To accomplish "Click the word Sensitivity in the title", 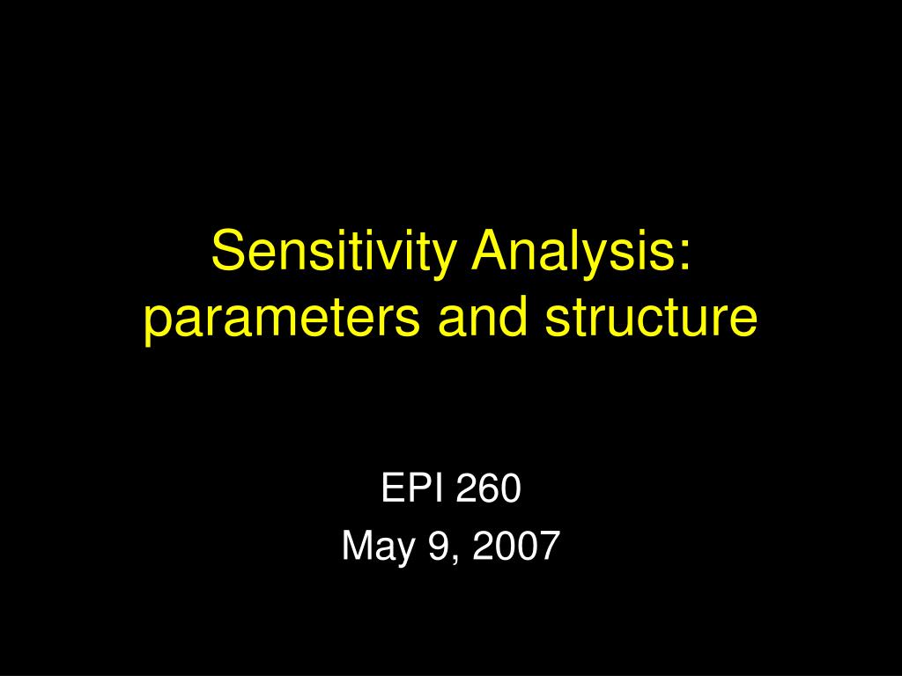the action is [x=334, y=252].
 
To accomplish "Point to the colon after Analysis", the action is [x=683, y=256].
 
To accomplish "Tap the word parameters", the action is [x=282, y=318].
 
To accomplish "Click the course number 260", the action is [x=488, y=488].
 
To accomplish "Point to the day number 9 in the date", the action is [x=439, y=546].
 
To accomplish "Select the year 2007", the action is [x=516, y=546].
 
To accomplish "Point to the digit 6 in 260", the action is [x=488, y=488].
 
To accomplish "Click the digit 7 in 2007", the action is [x=550, y=546].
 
